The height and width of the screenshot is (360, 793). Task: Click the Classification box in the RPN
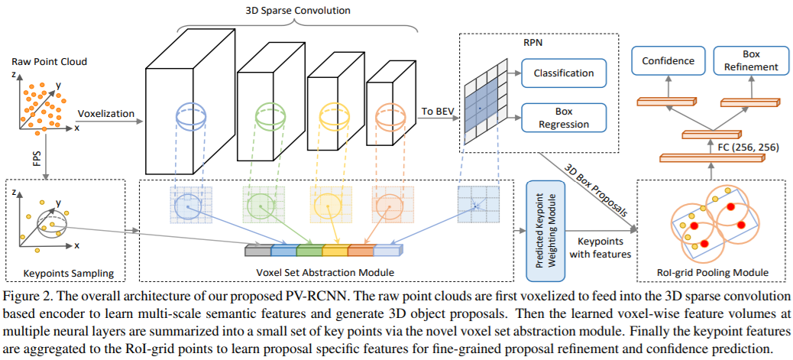click(x=564, y=73)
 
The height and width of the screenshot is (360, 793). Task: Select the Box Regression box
click(x=564, y=118)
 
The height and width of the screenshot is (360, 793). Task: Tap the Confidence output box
click(x=668, y=60)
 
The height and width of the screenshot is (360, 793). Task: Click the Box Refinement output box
click(x=750, y=60)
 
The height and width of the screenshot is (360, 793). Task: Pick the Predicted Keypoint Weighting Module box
click(x=545, y=230)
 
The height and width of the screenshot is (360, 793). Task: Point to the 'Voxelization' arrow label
click(x=105, y=113)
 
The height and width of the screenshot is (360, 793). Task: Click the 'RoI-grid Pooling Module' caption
click(x=712, y=273)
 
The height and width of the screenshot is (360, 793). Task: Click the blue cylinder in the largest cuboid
click(x=189, y=116)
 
